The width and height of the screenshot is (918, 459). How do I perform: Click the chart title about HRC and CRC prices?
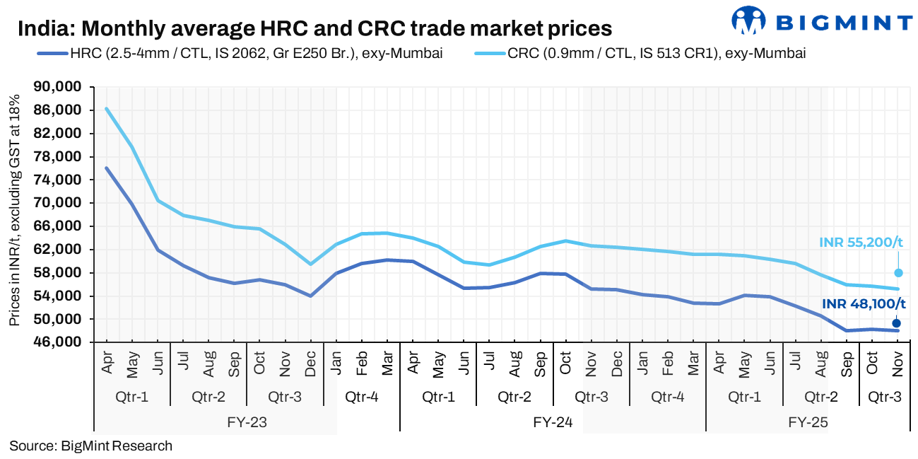pos(314,29)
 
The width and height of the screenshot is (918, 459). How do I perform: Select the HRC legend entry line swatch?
pos(50,53)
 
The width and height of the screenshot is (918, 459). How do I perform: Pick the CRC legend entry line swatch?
pos(487,53)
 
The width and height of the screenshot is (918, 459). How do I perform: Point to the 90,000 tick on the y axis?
pos(63,87)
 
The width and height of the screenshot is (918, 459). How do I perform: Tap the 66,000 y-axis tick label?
pos(63,226)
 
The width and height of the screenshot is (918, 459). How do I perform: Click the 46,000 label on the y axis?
pos(63,342)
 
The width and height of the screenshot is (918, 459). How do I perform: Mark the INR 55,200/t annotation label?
pos(861,243)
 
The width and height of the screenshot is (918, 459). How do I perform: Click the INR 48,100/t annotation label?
pos(864,304)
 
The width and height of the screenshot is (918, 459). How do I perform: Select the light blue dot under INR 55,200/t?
pos(898,273)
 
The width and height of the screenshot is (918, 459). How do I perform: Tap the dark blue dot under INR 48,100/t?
pos(897,323)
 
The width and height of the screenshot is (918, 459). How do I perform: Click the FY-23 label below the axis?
pos(247,423)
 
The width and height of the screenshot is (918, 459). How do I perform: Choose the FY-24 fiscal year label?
pos(553,423)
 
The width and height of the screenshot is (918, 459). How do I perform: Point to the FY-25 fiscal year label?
pos(808,423)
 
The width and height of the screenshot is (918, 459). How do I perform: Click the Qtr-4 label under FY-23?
pos(361,397)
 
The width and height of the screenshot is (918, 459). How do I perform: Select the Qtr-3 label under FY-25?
pos(883,397)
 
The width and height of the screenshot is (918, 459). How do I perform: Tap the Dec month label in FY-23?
pos(311,365)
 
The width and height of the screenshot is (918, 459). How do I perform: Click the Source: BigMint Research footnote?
pos(90,446)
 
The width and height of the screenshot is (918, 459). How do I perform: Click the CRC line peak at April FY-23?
pos(106,108)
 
